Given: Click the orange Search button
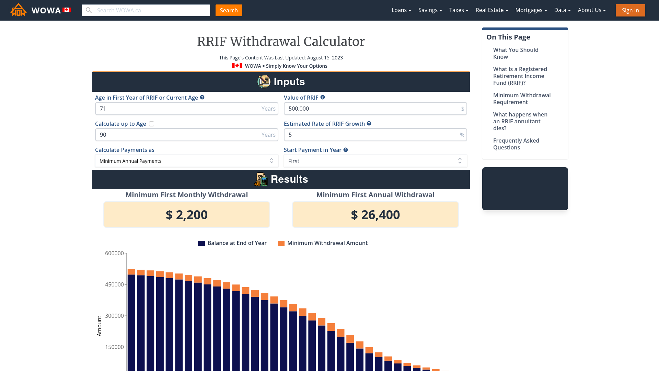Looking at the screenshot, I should click(229, 10).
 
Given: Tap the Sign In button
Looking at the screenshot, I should click(630, 10).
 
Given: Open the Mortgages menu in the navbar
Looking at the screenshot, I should click(531, 10).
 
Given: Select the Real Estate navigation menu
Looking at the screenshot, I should click(492, 10).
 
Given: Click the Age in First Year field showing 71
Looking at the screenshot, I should click(178, 109).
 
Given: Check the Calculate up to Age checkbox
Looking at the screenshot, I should click(151, 124).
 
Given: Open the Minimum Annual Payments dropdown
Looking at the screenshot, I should click(186, 161).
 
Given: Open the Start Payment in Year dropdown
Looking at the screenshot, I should click(375, 161).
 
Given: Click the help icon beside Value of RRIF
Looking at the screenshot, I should click(323, 98).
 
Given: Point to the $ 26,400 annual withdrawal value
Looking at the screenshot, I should click(375, 215).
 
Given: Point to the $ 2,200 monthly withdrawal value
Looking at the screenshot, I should click(186, 215).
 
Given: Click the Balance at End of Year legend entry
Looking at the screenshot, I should click(232, 243).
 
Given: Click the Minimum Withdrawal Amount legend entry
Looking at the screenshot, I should click(323, 243).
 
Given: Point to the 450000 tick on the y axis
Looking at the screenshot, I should click(115, 284).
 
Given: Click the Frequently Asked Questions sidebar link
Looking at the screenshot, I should click(516, 144).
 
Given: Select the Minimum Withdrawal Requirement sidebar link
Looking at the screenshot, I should click(522, 99).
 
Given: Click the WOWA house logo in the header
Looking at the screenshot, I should click(19, 10).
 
